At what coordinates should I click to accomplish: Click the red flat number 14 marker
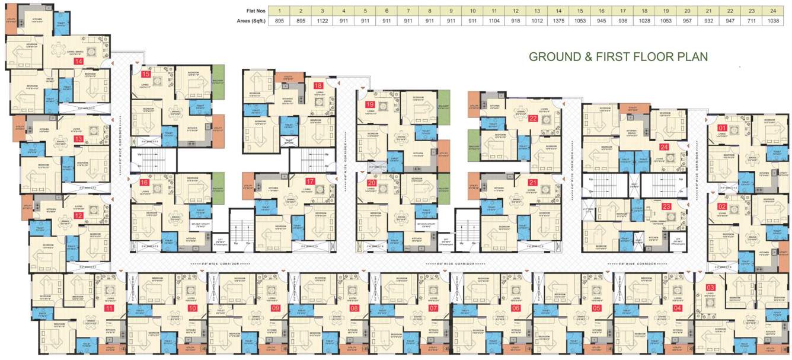[78, 61]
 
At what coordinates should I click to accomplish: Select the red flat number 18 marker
[318, 85]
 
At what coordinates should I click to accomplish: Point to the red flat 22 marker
[533, 118]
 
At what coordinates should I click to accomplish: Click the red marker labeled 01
[722, 128]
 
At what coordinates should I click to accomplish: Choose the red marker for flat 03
[711, 288]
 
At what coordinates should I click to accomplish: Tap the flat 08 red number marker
[355, 308]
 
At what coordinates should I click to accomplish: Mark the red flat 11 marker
[108, 308]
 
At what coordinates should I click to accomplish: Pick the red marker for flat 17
[309, 181]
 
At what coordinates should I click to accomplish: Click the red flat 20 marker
[372, 183]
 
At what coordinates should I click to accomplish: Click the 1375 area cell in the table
[558, 21]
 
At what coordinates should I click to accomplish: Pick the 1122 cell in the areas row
[322, 21]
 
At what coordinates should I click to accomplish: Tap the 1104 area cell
[494, 21]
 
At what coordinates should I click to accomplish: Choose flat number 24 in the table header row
[783, 10]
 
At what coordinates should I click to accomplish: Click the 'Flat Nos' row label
[256, 10]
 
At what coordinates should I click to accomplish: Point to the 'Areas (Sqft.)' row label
[251, 21]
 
